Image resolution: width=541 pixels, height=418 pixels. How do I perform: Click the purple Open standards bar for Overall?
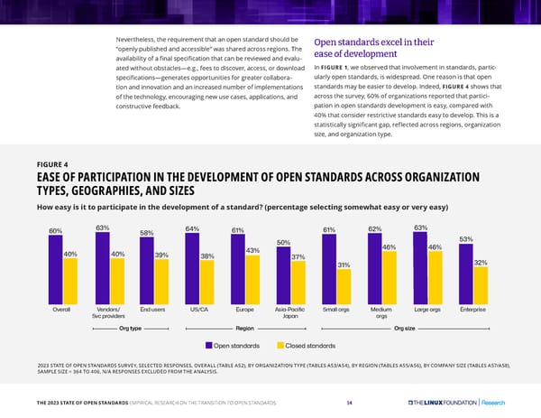pos(55,271)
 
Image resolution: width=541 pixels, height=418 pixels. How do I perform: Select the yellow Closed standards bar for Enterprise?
pos(480,284)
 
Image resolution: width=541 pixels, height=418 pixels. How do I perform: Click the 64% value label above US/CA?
pos(192,228)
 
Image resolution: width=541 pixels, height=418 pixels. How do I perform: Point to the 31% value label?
pos(344,264)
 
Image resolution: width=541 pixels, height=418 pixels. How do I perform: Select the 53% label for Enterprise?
pos(466,238)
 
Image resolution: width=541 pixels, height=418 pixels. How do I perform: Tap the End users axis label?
pos(153,309)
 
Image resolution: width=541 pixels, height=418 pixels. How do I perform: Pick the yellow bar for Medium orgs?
pos(390,277)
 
